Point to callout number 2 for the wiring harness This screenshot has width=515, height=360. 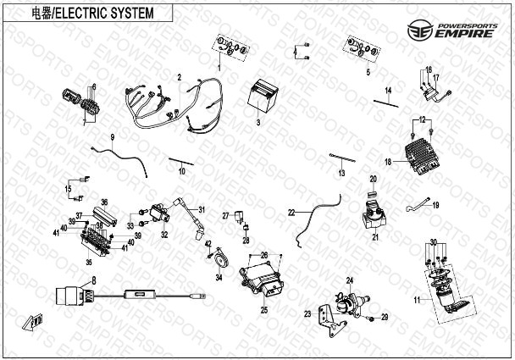click(180, 77)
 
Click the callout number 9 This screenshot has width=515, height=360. click(112, 136)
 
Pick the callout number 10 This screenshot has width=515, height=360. click(181, 171)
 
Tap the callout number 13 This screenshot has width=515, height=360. click(341, 173)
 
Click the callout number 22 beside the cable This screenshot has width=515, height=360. click(290, 212)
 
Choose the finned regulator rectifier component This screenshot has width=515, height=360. click(423, 152)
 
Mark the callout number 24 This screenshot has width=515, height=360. click(348, 279)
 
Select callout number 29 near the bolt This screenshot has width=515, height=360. click(384, 317)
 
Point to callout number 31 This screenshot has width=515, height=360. click(202, 209)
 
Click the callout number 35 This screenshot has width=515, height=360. click(88, 263)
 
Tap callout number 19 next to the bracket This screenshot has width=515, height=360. click(437, 204)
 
